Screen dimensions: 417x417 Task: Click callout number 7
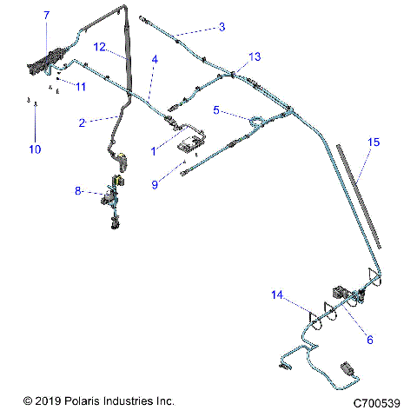tap(46, 15)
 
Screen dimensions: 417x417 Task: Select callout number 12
tap(100, 46)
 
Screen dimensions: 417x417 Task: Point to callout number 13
tap(254, 56)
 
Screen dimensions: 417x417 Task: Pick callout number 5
tap(217, 110)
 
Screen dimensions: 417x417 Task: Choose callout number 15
tap(374, 141)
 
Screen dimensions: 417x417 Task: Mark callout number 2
tap(82, 122)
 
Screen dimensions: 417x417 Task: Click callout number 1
tap(154, 150)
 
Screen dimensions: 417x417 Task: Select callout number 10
tap(35, 149)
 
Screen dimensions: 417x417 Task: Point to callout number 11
tap(81, 87)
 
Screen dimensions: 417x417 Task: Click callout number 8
tap(78, 190)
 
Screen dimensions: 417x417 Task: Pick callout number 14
tap(277, 295)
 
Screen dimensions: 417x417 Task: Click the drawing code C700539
tap(376, 403)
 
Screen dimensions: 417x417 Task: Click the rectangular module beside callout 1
tap(193, 143)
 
